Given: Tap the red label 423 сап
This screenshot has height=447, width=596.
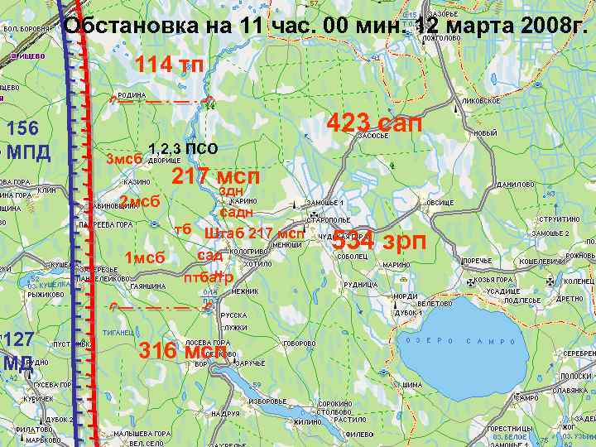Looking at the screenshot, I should [x=374, y=123].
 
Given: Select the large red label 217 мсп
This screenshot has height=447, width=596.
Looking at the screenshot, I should [x=215, y=176].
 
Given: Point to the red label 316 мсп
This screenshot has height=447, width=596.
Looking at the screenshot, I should [x=182, y=350].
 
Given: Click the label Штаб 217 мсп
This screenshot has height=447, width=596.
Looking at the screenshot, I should [x=253, y=233].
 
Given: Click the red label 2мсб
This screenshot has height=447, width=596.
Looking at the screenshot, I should [x=139, y=200].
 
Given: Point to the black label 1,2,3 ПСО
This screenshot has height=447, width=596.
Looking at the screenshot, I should [x=182, y=149].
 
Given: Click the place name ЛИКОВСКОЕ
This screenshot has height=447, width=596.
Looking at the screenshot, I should [x=481, y=100].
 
